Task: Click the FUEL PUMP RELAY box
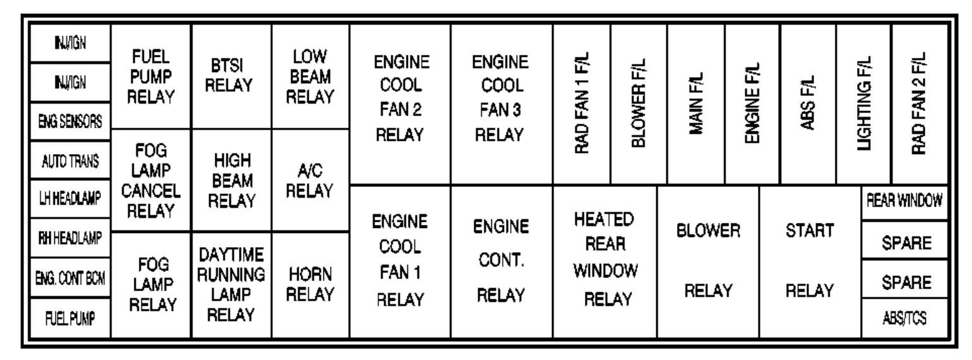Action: click(x=150, y=76)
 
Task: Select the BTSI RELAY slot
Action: click(x=231, y=76)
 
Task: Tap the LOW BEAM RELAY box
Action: click(x=311, y=76)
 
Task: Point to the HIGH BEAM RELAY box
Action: click(x=231, y=180)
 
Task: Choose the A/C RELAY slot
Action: click(x=311, y=180)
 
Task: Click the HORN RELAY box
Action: click(x=311, y=285)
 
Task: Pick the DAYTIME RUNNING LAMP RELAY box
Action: click(x=231, y=285)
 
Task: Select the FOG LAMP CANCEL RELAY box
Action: click(x=150, y=180)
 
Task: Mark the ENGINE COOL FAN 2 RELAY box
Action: click(x=400, y=104)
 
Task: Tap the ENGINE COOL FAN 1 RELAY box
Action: click(x=400, y=261)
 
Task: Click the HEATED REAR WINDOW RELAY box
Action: click(x=605, y=261)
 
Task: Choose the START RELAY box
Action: click(x=810, y=261)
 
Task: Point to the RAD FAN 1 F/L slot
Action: click(x=582, y=104)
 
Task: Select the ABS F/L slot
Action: click(x=808, y=104)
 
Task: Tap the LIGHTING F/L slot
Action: click(x=864, y=104)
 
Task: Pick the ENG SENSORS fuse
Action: click(x=70, y=121)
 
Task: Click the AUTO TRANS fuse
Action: click(x=70, y=160)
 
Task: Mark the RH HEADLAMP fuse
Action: click(x=70, y=237)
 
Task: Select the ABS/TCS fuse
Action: click(x=905, y=318)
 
